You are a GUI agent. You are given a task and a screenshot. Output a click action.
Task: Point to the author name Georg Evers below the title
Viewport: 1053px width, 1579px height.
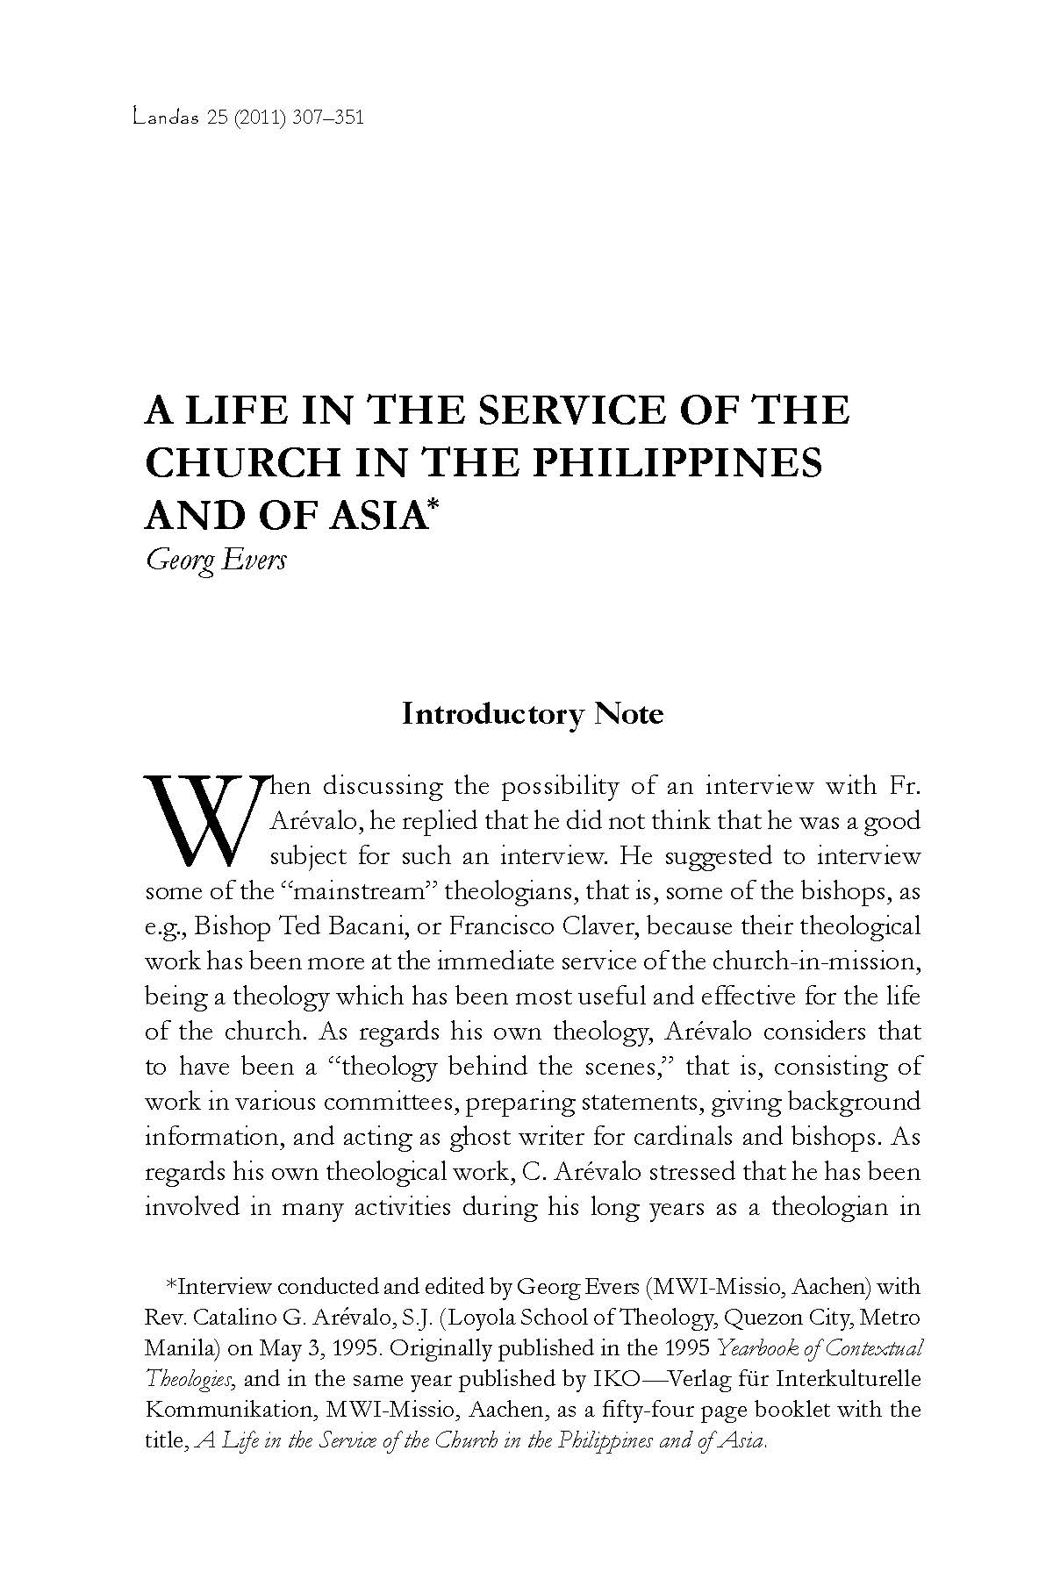[x=216, y=559]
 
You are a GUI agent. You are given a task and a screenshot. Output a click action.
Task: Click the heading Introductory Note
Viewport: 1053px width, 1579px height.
[x=533, y=713]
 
